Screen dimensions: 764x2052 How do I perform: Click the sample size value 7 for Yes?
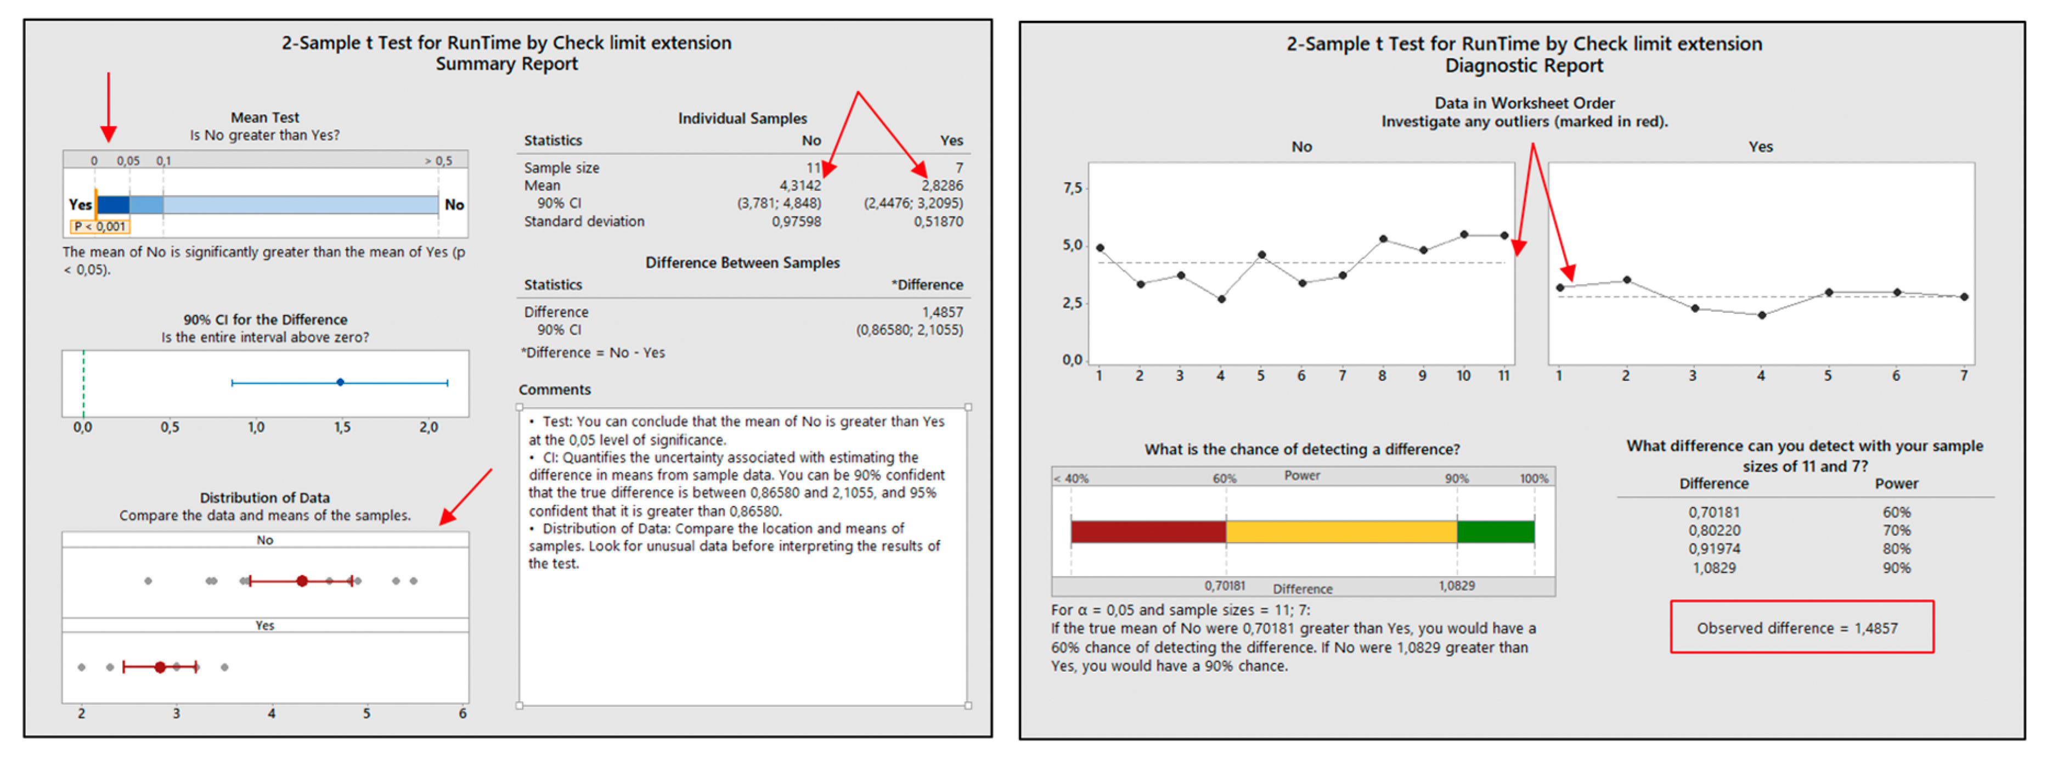click(959, 168)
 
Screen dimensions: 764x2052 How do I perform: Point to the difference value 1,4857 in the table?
click(942, 312)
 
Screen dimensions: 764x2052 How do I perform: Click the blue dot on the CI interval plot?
click(340, 383)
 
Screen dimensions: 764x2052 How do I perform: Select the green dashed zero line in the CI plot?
click(83, 383)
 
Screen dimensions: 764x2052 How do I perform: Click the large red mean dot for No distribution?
click(302, 581)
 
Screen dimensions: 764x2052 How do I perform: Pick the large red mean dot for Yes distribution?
click(160, 667)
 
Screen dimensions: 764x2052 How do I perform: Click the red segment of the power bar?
click(1148, 531)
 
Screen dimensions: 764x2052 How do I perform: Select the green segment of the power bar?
click(1495, 531)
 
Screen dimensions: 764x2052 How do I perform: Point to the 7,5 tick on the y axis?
click(1072, 188)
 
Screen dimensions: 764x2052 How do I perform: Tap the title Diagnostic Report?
click(1523, 65)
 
